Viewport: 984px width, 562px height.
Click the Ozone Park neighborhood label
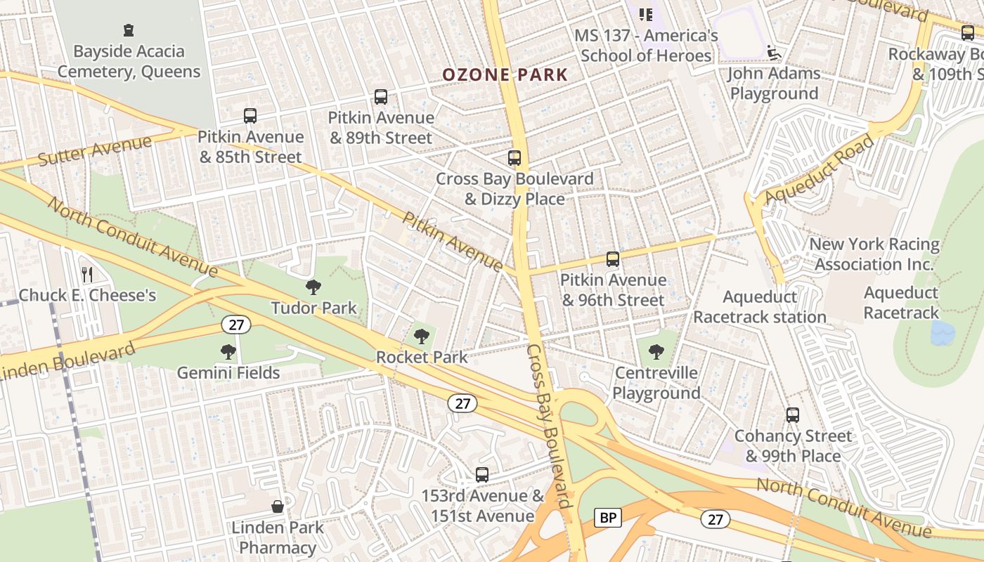(505, 74)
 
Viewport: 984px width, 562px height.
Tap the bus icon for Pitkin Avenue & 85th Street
(250, 116)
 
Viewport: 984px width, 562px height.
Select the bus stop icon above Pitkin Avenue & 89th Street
(381, 97)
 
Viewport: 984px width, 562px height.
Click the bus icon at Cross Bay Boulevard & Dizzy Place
(514, 158)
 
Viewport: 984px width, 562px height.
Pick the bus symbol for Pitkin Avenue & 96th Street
(613, 259)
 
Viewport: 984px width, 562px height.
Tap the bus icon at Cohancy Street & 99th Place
(793, 415)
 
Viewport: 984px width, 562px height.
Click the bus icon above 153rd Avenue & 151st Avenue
(482, 475)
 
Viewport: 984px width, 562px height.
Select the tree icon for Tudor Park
(313, 287)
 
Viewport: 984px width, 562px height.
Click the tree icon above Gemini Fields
(228, 352)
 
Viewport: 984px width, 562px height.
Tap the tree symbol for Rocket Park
(422, 336)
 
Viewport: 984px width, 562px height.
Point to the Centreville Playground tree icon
(656, 352)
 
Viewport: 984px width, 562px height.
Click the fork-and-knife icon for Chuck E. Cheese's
(87, 274)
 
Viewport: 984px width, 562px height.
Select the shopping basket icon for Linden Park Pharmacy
(278, 507)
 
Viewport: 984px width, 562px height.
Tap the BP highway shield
(608, 518)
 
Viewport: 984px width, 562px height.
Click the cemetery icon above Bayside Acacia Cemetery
(129, 30)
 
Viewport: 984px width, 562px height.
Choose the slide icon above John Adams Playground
(774, 53)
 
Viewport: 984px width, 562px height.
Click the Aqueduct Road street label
(820, 169)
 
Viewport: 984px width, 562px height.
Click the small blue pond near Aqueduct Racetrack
(943, 334)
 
